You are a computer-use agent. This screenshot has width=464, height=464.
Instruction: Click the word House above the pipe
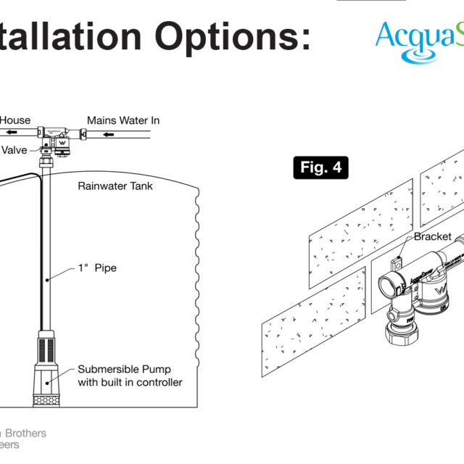[x=15, y=120]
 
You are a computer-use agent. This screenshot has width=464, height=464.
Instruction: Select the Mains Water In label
[x=123, y=120]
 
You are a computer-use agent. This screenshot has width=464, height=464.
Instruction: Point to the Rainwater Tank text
[x=115, y=186]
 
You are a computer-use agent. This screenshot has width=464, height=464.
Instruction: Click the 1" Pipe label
[x=97, y=268]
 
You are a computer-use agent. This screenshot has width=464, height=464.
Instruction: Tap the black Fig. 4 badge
[x=320, y=168]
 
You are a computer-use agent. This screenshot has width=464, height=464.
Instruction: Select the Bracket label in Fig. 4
[x=433, y=237]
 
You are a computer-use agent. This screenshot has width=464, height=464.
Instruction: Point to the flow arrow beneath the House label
[x=15, y=133]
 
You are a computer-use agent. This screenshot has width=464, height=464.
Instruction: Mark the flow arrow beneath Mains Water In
[x=115, y=134]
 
